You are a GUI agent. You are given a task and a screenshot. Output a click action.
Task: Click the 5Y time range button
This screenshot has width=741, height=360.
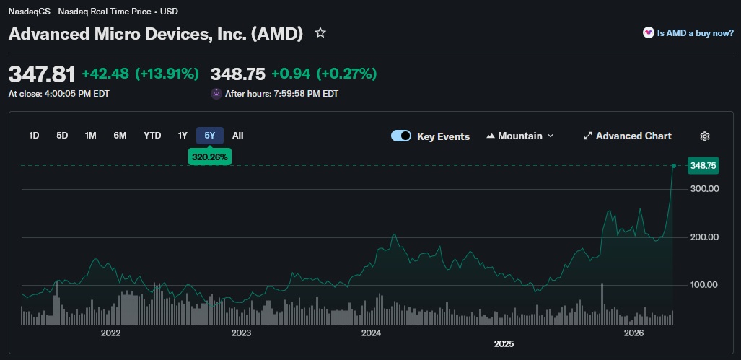point(210,136)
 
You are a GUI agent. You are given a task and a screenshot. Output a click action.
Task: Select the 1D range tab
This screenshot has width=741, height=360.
point(34,136)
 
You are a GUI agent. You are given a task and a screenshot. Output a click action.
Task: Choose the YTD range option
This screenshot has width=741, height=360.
point(152,136)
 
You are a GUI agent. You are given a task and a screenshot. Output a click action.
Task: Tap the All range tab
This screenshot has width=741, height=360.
point(238,136)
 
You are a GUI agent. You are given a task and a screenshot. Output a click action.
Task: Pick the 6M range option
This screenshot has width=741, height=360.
point(120,136)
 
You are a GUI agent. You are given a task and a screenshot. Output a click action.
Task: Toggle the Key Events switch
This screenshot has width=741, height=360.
point(401,136)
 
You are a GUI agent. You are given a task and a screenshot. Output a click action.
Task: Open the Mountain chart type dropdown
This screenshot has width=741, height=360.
point(520,136)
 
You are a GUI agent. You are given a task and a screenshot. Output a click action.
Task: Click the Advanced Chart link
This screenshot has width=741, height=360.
point(627,136)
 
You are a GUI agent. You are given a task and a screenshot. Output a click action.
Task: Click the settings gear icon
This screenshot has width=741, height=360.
point(706,136)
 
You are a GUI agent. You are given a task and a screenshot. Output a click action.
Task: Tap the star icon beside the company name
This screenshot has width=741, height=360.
point(320,33)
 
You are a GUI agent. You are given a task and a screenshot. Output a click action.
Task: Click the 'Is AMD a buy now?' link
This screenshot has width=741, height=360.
point(688,33)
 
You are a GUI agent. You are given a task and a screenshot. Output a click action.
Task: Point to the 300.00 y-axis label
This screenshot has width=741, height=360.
point(705,189)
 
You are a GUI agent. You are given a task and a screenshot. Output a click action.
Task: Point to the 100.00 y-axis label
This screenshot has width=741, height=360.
point(705,285)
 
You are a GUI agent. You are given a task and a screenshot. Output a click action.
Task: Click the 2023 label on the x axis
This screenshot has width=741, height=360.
point(241,333)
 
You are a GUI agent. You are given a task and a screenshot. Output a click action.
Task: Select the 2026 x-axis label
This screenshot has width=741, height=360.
point(633,333)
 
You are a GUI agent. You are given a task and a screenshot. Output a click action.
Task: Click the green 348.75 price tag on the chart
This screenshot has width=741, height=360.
point(703,166)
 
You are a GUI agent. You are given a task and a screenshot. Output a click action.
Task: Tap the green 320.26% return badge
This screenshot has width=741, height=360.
point(210,156)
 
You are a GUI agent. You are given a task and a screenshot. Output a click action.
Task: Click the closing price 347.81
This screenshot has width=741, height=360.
point(42,74)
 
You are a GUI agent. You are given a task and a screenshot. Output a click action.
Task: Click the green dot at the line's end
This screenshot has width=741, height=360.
point(673,166)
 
